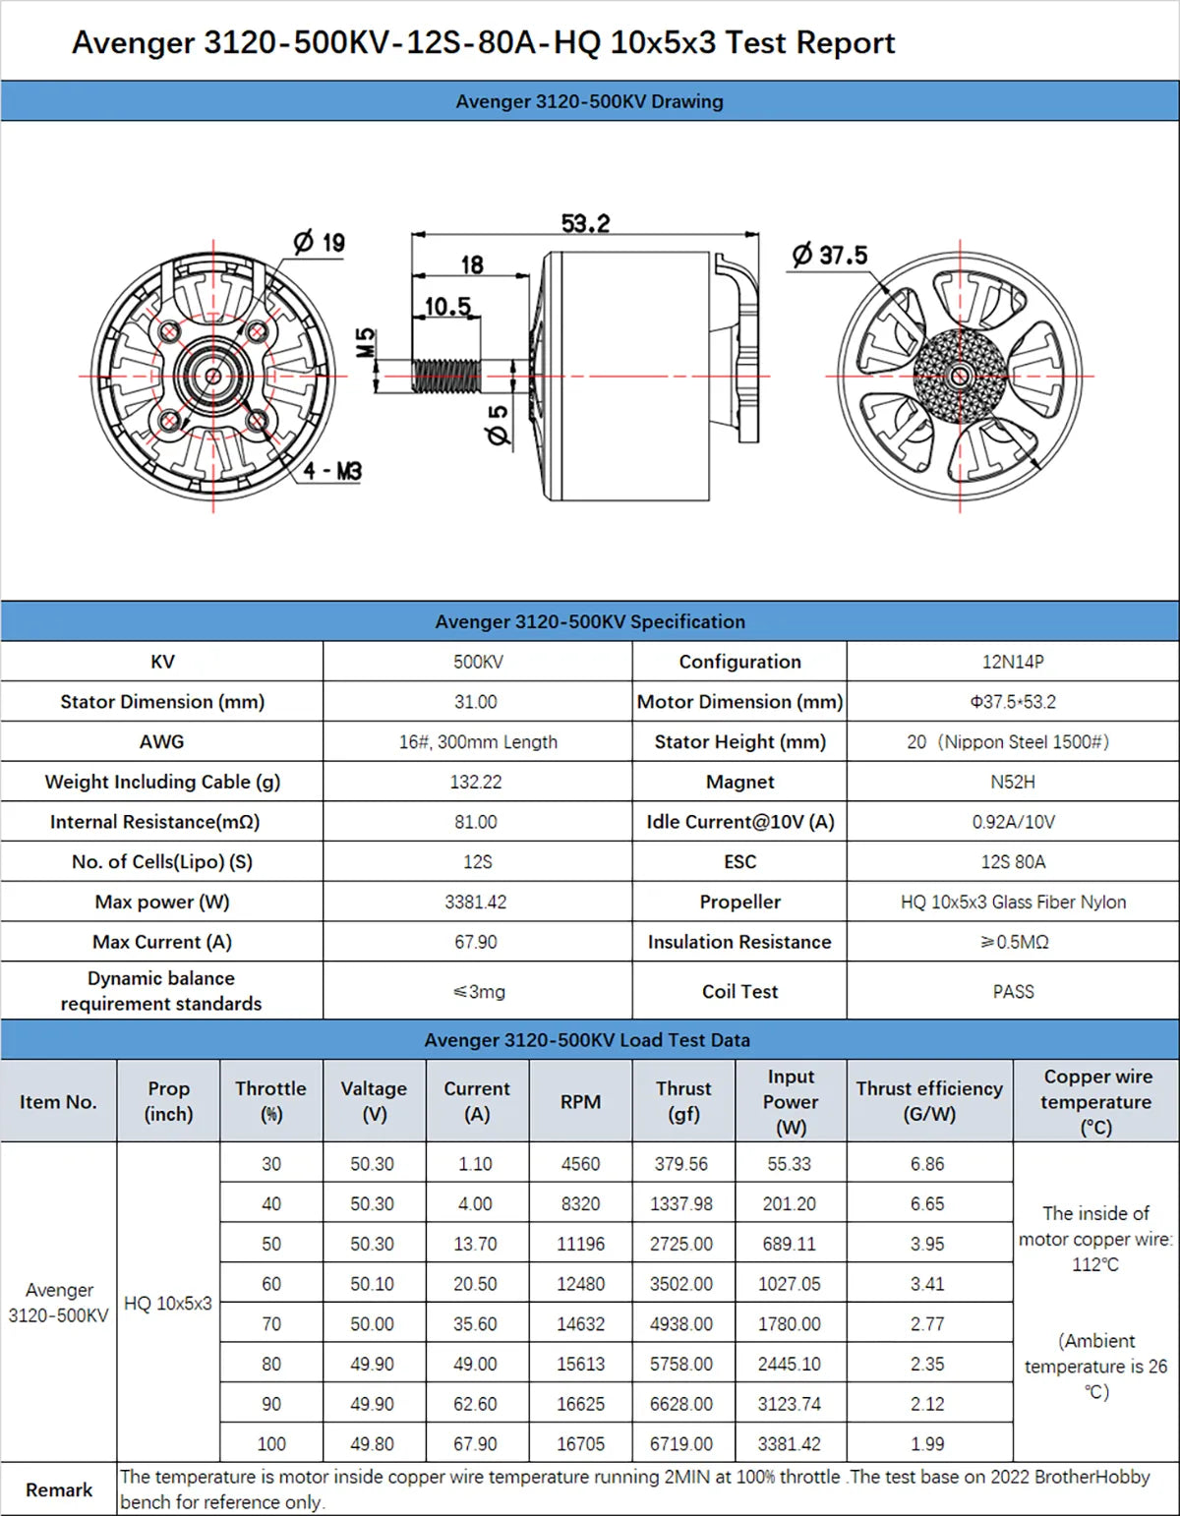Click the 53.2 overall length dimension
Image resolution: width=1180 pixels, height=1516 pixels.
[585, 223]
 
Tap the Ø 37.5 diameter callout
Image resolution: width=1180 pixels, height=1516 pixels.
[830, 256]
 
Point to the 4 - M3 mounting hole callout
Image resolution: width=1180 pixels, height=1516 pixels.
[331, 471]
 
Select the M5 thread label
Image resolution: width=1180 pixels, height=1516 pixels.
[365, 343]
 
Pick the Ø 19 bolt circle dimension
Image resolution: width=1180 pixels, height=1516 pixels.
[320, 242]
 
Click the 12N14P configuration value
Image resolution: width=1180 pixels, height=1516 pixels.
[1012, 662]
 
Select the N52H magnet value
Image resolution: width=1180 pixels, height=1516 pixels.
[1012, 782]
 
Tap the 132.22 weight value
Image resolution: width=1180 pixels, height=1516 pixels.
[476, 782]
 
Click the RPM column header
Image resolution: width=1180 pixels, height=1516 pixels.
[580, 1102]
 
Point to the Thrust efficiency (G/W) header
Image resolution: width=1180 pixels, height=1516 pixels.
[928, 1101]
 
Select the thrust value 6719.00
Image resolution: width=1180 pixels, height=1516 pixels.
[680, 1444]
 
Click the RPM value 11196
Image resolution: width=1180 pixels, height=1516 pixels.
[580, 1244]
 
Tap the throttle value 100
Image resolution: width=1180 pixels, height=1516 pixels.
[271, 1444]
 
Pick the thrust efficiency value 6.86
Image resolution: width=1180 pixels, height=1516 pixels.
[926, 1164]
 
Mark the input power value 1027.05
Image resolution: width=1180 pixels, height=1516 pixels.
[789, 1284]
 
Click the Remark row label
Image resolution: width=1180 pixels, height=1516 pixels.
[59, 1490]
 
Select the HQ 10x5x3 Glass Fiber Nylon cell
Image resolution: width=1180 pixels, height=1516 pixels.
[1013, 902]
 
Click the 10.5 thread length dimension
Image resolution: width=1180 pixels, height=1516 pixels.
[447, 307]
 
